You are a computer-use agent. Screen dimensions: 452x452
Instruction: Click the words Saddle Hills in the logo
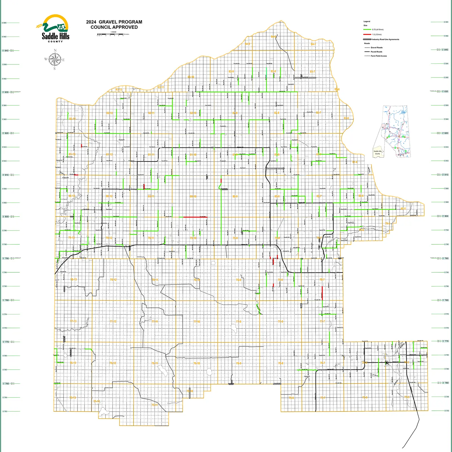55,36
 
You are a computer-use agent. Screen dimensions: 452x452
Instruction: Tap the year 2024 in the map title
91,22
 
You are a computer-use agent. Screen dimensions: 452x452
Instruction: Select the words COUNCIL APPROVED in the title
114,27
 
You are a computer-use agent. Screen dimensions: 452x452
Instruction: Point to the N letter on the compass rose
55,50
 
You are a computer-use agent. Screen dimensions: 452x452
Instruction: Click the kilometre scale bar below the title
110,34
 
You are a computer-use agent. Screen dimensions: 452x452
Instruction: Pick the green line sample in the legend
367,30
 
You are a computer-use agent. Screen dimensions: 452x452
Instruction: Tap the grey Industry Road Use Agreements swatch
367,39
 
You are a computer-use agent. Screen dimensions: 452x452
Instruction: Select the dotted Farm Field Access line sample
367,56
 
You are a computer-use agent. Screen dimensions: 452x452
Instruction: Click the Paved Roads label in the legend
376,52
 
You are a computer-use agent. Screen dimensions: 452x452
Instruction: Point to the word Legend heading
367,21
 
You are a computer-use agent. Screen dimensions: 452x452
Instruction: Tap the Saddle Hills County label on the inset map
377,152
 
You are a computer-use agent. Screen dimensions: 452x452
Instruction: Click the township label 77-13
73,321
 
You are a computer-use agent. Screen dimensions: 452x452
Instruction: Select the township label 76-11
155,363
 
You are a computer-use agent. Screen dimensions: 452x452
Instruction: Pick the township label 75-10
190,391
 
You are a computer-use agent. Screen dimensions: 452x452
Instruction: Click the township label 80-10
193,196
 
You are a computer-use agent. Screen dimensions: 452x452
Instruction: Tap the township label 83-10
191,77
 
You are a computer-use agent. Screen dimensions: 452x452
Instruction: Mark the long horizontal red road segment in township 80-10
195,217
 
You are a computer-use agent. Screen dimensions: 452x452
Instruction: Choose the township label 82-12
110,113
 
